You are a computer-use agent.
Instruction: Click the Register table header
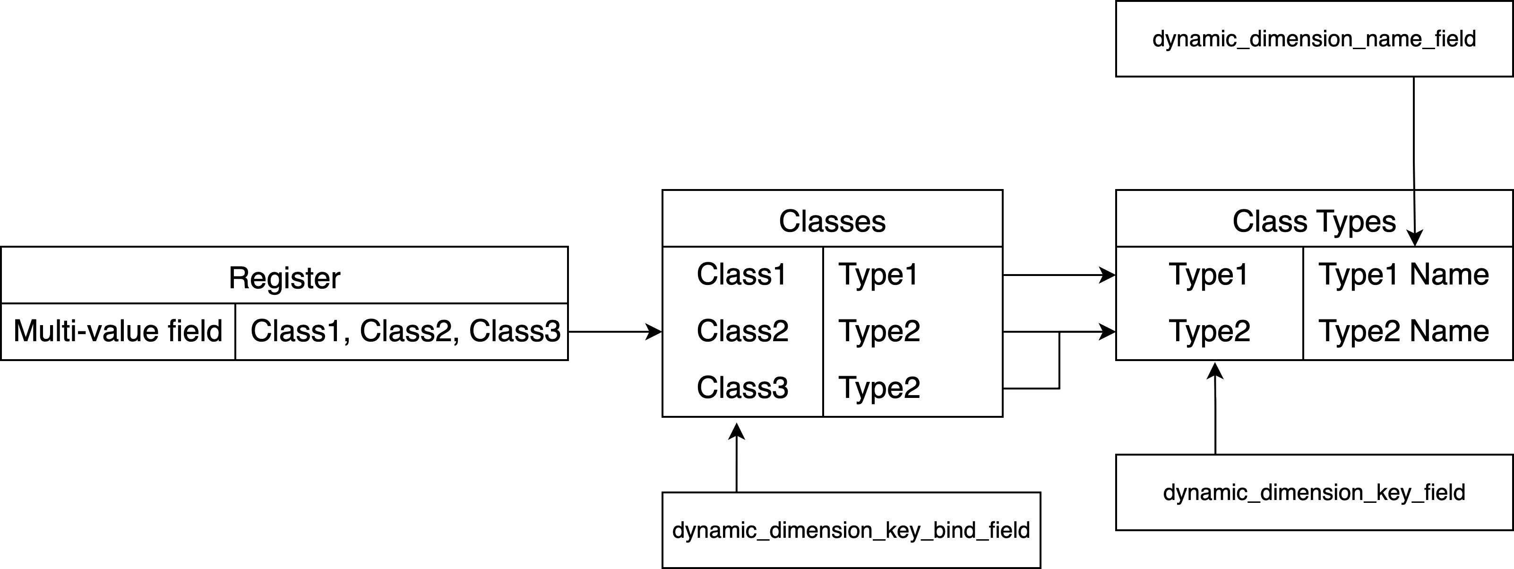tap(284, 277)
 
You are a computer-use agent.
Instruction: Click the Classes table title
tap(832, 221)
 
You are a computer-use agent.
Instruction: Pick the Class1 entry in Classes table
tap(742, 275)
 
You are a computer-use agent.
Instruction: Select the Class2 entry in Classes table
tap(742, 331)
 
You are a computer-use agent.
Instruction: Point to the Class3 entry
tap(742, 388)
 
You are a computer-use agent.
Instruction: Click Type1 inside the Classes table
tap(878, 275)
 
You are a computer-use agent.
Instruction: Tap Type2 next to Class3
tap(878, 388)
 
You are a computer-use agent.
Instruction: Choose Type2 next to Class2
tap(878, 331)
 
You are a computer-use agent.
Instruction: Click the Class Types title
tap(1314, 221)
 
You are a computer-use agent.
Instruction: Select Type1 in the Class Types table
tap(1208, 275)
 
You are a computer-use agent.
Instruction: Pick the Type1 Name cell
tap(1403, 275)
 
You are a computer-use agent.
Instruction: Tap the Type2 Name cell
tap(1403, 331)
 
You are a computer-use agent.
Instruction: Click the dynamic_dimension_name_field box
tap(1314, 39)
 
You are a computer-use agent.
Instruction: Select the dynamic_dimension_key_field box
tap(1314, 492)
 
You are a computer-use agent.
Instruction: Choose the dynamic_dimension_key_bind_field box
tap(851, 530)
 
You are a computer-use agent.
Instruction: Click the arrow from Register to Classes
tap(614, 332)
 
